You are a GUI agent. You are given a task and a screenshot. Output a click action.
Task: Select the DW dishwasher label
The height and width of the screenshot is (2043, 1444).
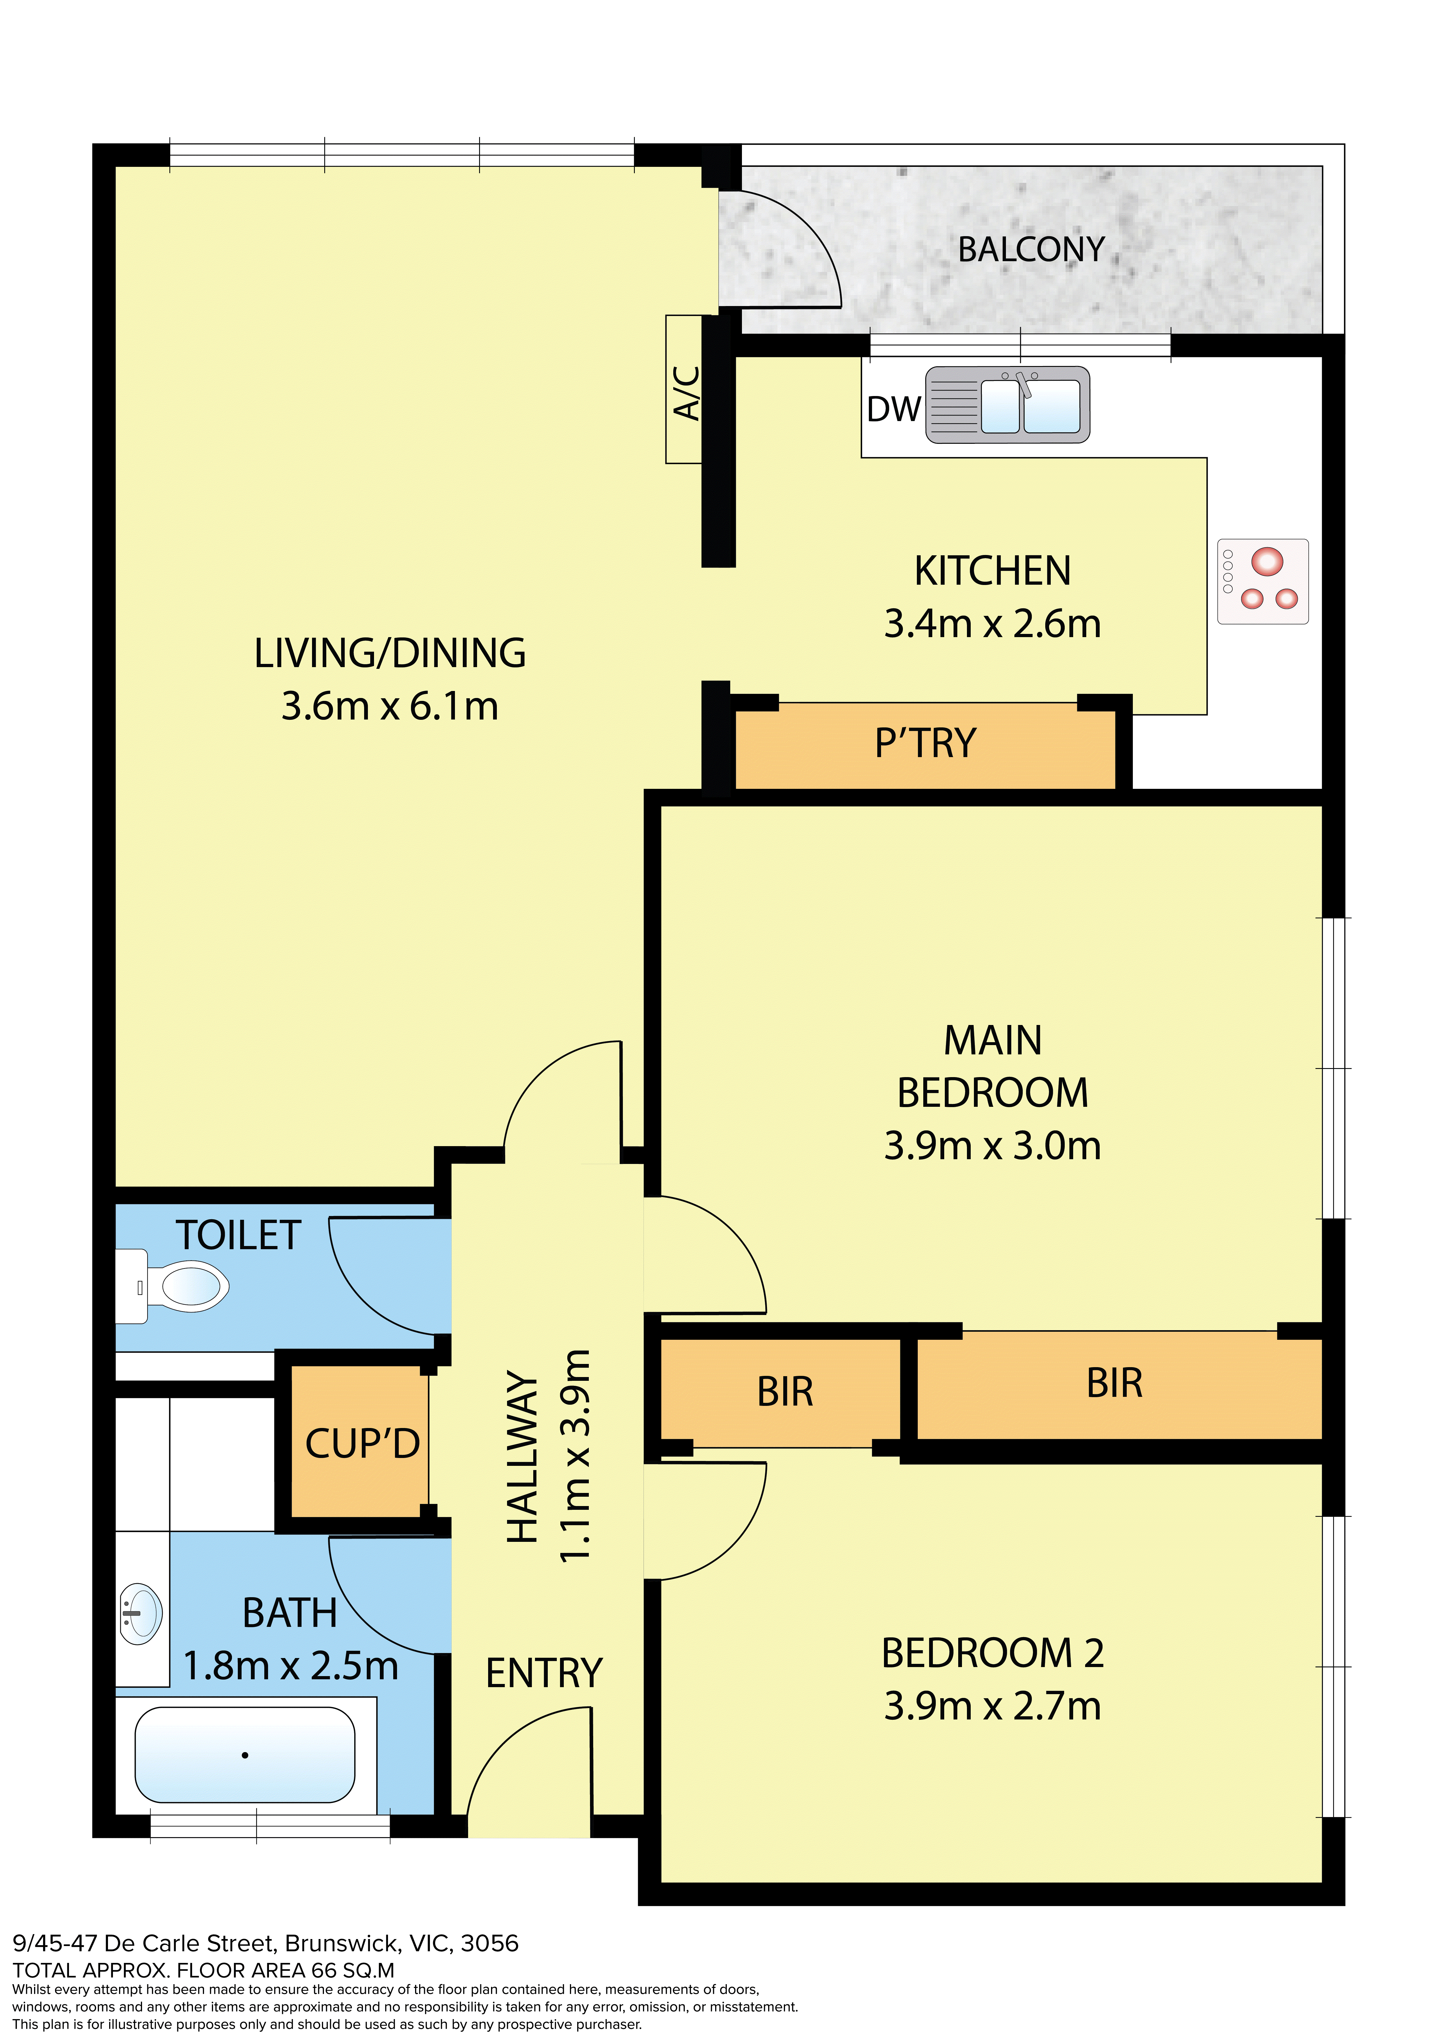click(893, 409)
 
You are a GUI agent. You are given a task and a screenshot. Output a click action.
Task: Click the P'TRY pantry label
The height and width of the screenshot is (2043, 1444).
click(925, 743)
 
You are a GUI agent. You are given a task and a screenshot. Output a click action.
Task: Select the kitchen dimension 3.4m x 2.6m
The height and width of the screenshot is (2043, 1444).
click(992, 624)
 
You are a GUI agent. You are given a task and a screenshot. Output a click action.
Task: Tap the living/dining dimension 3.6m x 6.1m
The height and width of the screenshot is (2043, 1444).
click(390, 706)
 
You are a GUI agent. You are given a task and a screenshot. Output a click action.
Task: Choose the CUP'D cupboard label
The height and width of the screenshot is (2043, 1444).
click(362, 1443)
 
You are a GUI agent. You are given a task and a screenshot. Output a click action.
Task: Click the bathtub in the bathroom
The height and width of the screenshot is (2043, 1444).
click(245, 1755)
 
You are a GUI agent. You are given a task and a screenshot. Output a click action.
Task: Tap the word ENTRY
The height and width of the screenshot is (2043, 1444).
click(544, 1673)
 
